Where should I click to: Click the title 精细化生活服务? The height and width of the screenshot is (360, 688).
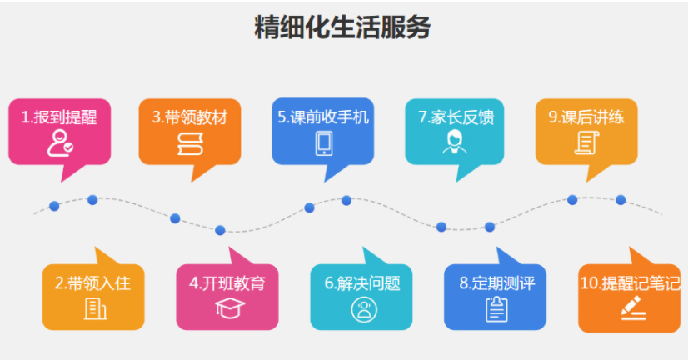click(x=342, y=27)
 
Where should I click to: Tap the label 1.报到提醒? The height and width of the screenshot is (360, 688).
click(x=59, y=117)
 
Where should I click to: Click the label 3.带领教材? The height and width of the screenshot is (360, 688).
click(x=190, y=117)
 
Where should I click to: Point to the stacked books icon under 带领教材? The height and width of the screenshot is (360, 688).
click(x=190, y=144)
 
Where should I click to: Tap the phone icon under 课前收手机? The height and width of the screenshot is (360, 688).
click(x=324, y=143)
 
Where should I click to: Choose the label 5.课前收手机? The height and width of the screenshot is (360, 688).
click(x=323, y=117)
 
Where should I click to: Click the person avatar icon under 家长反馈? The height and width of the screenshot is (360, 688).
click(x=455, y=142)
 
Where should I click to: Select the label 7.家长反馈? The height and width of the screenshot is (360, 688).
click(x=456, y=117)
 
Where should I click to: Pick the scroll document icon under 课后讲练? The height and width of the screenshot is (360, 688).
click(x=586, y=143)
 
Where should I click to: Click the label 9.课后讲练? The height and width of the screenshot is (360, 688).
click(x=586, y=117)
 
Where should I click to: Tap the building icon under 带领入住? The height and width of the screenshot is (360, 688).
click(x=95, y=308)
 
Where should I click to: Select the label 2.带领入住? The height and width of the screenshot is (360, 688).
click(x=92, y=283)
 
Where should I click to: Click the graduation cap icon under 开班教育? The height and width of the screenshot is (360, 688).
click(x=230, y=307)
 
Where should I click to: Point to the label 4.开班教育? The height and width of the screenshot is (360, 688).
click(x=227, y=283)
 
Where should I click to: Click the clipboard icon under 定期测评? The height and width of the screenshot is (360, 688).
click(x=496, y=309)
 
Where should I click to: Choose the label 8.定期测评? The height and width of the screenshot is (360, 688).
click(x=497, y=283)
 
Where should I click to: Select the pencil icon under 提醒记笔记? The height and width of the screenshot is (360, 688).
click(x=633, y=307)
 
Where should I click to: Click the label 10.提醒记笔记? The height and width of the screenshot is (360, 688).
click(x=630, y=283)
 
